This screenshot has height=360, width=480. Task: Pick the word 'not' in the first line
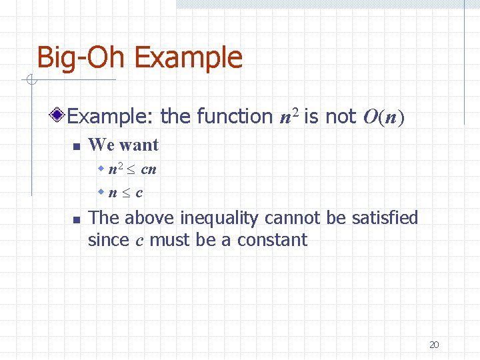(341, 117)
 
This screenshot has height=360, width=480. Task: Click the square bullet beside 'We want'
(77, 146)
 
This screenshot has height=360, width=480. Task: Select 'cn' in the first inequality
(149, 169)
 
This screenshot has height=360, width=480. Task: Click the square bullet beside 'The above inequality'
(77, 219)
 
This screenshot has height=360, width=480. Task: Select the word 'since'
(109, 240)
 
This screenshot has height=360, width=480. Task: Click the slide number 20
(434, 345)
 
